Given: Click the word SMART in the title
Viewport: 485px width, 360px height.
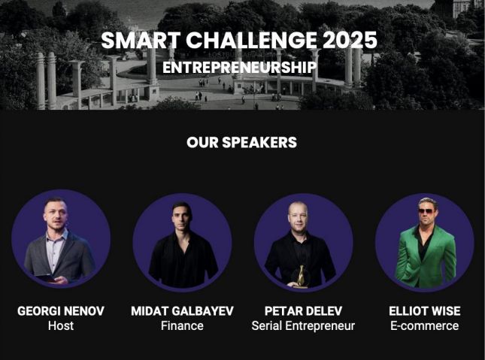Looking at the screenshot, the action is (141, 40).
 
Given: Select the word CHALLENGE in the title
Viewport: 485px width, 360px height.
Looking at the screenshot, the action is (251, 40).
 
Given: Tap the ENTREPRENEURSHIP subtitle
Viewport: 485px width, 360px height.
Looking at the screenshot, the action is (240, 68).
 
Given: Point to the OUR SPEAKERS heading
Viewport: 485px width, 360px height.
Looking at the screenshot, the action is (241, 142).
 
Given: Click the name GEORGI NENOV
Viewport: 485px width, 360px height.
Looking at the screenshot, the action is (61, 311).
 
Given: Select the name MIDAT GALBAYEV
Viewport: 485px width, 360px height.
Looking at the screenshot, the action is (182, 311).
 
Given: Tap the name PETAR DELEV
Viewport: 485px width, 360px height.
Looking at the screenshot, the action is (304, 311).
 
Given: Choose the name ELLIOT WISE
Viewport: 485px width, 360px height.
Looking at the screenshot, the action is (425, 311).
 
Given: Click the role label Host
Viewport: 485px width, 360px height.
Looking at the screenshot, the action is (61, 325).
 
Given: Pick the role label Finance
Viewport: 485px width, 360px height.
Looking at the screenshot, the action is (182, 325).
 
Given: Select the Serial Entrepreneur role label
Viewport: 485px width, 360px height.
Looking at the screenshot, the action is (304, 325).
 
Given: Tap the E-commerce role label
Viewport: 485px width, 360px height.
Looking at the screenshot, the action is (425, 325).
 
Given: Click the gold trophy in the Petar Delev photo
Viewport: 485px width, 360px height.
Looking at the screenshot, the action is (301, 276).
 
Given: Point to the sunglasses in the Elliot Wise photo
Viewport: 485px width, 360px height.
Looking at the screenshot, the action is (426, 211).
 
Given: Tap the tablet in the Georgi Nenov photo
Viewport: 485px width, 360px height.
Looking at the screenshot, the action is (46, 278).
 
